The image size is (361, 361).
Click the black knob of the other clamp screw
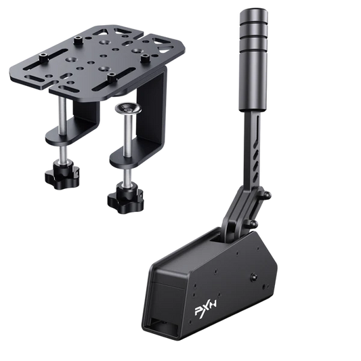pyautogui.click(x=57, y=175)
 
